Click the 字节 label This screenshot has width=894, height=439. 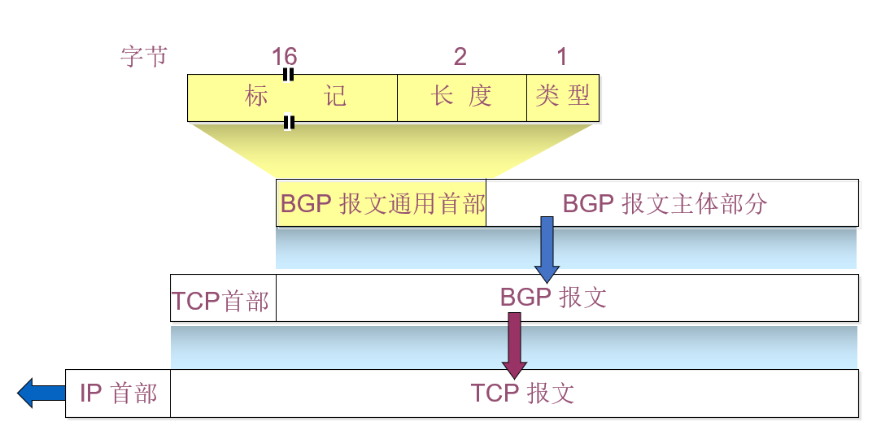coord(144,57)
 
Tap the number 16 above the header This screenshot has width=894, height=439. coord(284,57)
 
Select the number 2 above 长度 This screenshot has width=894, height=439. coord(460,57)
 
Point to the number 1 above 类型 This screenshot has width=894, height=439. coord(561,57)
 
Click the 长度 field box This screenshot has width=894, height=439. coord(461,98)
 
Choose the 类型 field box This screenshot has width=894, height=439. coord(562,98)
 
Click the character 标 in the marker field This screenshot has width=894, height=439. coord(256,97)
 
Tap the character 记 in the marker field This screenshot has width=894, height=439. coord(335,97)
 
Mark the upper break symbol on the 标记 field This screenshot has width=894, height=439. coord(288,75)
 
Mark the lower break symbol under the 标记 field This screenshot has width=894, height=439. coord(288,123)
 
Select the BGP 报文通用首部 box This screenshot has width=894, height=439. coord(382,203)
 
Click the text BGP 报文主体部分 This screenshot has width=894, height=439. coord(665,203)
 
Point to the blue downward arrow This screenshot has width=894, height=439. coord(547,248)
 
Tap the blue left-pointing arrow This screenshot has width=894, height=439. coord(41,393)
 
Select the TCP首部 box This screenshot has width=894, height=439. coord(222,299)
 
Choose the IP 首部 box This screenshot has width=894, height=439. coord(118,393)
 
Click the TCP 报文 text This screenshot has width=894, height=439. coord(522,393)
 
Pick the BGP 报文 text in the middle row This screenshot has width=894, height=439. coord(553,298)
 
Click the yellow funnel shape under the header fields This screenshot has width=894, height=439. coord(382,150)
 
